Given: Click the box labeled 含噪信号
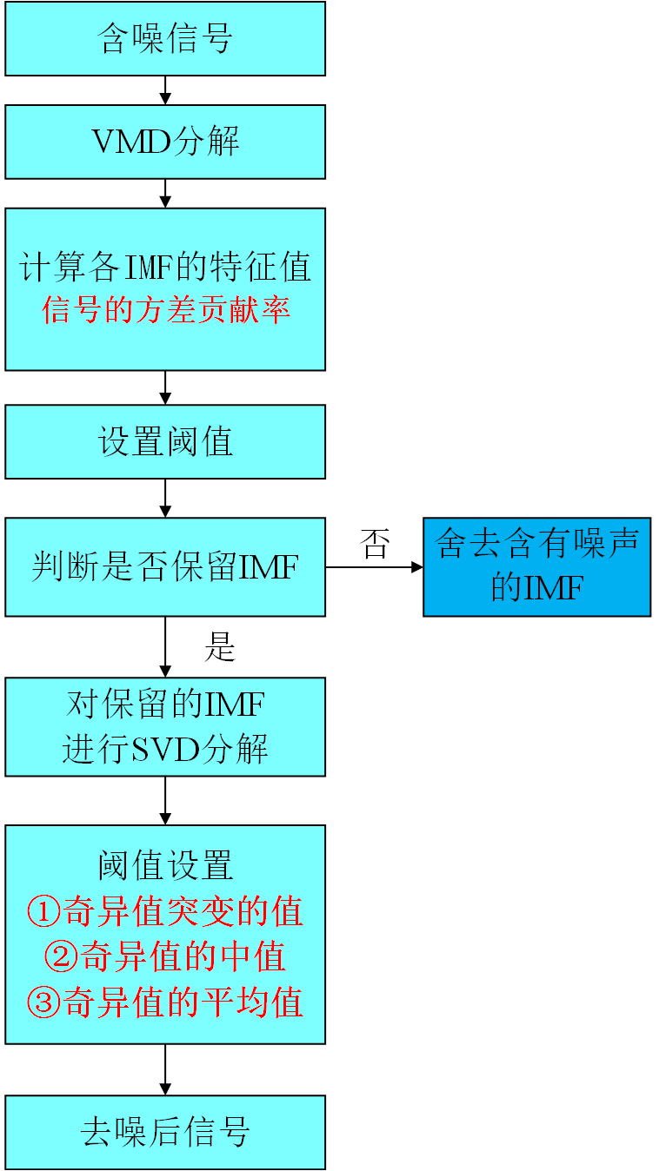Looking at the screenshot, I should pos(165,39).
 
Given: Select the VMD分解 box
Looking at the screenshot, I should pos(165,142).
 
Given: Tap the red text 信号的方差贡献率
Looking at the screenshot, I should pos(165,310).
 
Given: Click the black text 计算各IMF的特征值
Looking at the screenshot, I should pos(165,267).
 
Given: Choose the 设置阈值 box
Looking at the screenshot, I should pos(165,441).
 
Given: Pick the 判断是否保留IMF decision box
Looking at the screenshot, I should pos(165,567).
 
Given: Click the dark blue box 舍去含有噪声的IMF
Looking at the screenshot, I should pos(536,567).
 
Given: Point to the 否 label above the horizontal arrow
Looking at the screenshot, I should pos(375,545).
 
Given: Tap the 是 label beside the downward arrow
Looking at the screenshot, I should pos(220,646).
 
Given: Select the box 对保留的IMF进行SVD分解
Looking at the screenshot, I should pos(165,726).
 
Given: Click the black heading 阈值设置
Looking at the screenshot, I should pos(165,865).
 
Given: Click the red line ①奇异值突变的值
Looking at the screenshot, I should pos(165,911).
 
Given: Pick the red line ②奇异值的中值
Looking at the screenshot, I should pos(165,956).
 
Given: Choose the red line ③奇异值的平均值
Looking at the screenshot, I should pos(165,1002).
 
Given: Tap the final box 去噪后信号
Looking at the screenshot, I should pos(165,1132).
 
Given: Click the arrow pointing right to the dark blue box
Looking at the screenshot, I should pos(374,567).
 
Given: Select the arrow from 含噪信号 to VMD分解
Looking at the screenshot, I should pos(165,90).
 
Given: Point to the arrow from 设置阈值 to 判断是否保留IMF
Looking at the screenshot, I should pos(165,499).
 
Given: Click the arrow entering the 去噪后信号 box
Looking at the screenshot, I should pos(165,1069).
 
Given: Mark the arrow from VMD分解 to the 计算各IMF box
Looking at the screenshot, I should pos(165,194).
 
